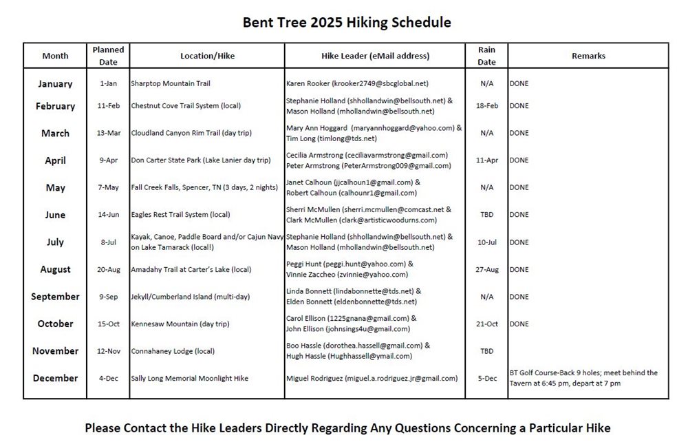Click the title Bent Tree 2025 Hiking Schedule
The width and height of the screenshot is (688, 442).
(347, 22)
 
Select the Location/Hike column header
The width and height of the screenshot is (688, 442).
(207, 56)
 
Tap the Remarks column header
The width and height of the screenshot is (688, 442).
(588, 56)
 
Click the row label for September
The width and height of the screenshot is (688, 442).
(55, 297)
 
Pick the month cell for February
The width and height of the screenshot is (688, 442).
(55, 106)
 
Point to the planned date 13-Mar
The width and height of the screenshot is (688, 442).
(108, 133)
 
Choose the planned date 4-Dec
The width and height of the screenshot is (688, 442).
(108, 378)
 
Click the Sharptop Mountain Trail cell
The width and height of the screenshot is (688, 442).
(171, 83)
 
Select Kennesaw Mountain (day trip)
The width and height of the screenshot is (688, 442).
(180, 324)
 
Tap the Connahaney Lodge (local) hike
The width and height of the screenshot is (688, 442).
(173, 351)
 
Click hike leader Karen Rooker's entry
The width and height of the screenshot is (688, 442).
(357, 83)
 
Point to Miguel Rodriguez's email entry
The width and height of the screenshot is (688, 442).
(372, 378)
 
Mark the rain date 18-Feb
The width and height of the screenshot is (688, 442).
(486, 106)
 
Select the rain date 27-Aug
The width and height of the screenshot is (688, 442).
(486, 269)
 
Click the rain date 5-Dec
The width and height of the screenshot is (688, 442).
(486, 378)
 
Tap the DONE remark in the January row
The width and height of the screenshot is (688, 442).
(519, 83)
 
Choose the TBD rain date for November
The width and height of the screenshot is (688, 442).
(486, 351)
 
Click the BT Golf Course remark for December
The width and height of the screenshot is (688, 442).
(583, 378)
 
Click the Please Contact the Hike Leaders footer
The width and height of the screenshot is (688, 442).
(347, 428)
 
